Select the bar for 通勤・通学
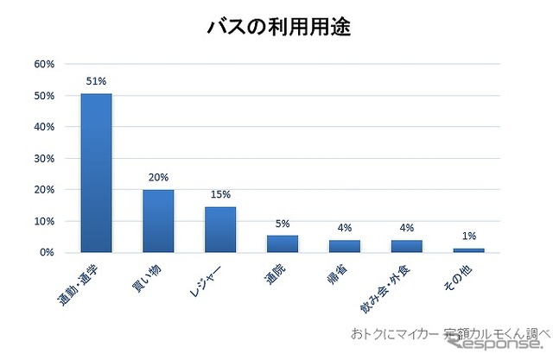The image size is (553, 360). pyautogui.click(x=96, y=173)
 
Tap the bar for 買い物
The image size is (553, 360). pyautogui.click(x=158, y=221)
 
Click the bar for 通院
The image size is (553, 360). pyautogui.click(x=283, y=244)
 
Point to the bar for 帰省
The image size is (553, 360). pyautogui.click(x=344, y=246)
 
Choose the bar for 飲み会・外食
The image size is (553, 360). pyautogui.click(x=406, y=246)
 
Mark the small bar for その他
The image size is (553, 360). pyautogui.click(x=468, y=250)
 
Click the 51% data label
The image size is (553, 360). pyautogui.click(x=96, y=81)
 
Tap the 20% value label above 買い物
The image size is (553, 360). pyautogui.click(x=158, y=177)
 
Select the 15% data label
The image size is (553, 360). pyautogui.click(x=220, y=194)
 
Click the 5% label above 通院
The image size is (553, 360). pyautogui.click(x=283, y=224)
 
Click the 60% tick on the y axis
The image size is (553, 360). pyautogui.click(x=44, y=64)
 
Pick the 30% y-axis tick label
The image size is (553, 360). pyautogui.click(x=44, y=158)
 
